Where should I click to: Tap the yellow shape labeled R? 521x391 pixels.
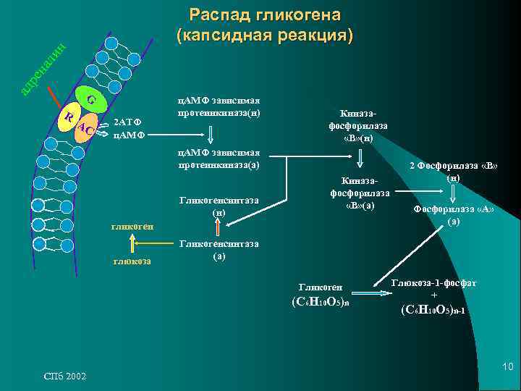click(x=68, y=119)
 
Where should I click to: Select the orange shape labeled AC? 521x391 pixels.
click(x=85, y=128)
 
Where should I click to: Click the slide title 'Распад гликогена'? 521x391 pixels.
click(x=265, y=15)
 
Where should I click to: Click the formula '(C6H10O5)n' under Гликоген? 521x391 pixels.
click(x=319, y=302)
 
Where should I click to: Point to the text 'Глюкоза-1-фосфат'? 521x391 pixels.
click(x=433, y=282)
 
